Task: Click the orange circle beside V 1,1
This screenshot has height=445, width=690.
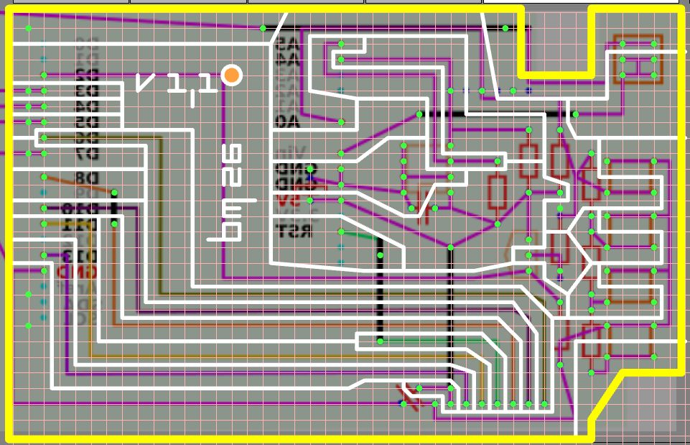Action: click(x=231, y=75)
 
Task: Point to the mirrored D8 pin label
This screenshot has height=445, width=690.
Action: click(x=85, y=178)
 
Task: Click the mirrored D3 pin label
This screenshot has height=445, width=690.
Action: click(x=86, y=91)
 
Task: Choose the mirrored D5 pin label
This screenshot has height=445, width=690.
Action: click(x=86, y=122)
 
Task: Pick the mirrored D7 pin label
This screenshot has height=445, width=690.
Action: click(x=86, y=153)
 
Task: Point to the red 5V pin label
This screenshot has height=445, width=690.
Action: click(x=287, y=199)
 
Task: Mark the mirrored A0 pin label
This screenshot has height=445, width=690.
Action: click(x=287, y=121)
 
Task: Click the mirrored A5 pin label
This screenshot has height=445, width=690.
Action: click(x=287, y=43)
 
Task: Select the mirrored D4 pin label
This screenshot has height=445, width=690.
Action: click(x=86, y=106)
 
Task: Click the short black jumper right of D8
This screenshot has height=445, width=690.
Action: click(x=115, y=208)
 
